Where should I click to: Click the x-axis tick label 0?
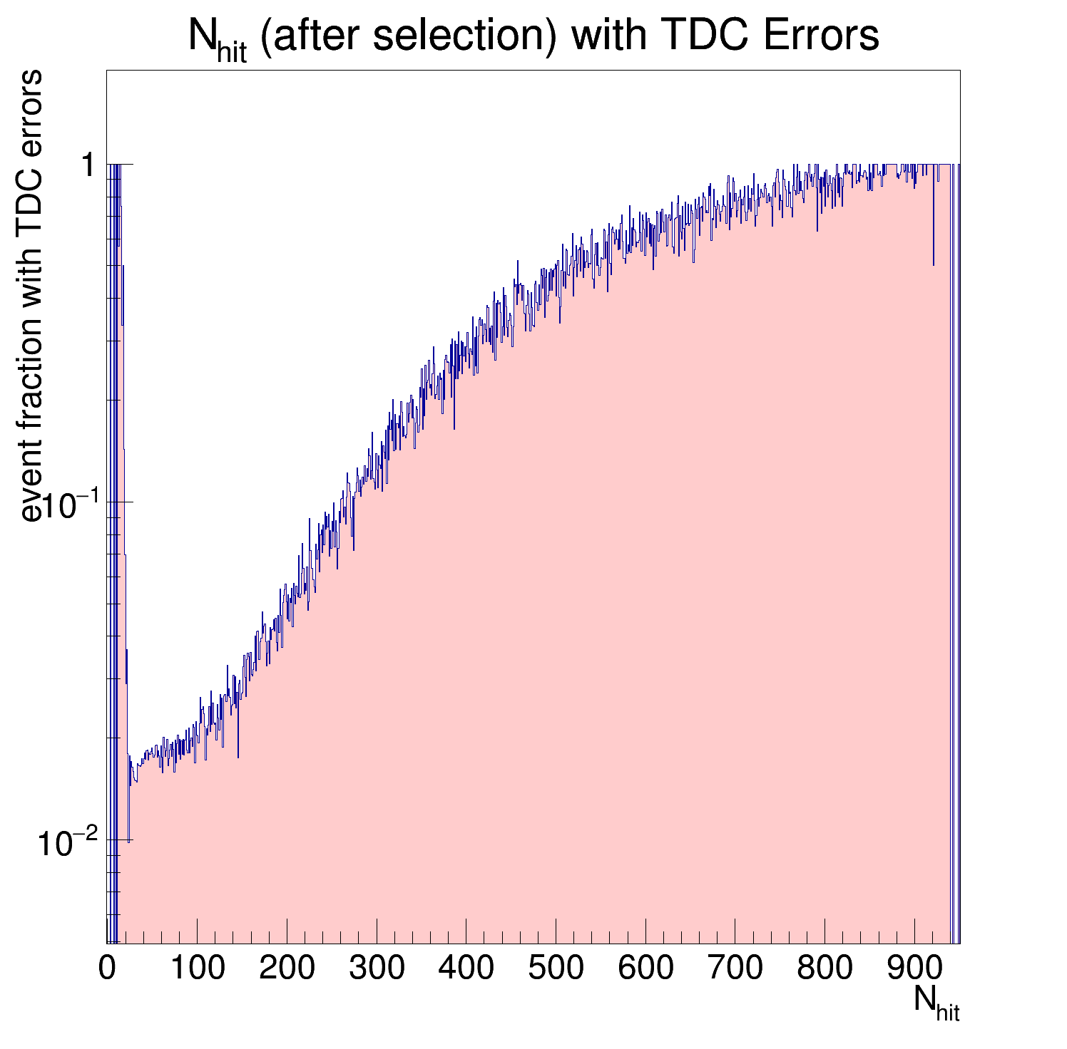pyautogui.click(x=107, y=968)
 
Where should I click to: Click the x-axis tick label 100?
pyautogui.click(x=197, y=968)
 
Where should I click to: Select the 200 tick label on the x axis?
pyautogui.click(x=287, y=968)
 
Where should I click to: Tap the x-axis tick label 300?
pyautogui.click(x=377, y=968)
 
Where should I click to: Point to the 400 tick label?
pyautogui.click(x=466, y=968)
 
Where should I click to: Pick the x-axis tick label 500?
pyautogui.click(x=556, y=968)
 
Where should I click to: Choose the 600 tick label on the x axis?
pyautogui.click(x=645, y=968)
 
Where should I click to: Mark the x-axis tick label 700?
pyautogui.click(x=735, y=968)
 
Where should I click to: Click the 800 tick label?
pyautogui.click(x=824, y=968)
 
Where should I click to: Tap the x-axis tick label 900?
pyautogui.click(x=914, y=968)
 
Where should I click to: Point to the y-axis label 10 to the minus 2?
pyautogui.click(x=66, y=843)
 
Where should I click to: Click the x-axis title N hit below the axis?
pyautogui.click(x=936, y=1003)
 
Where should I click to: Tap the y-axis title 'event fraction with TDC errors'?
pyautogui.click(x=31, y=296)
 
